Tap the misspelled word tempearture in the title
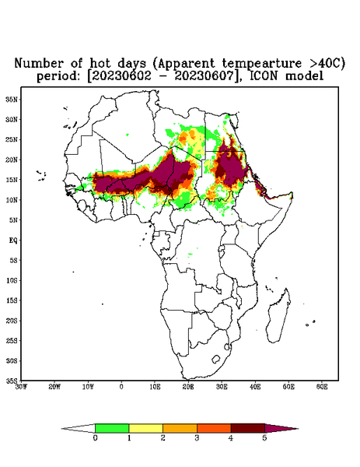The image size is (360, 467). [262, 63]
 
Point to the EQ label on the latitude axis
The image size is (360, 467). [12, 240]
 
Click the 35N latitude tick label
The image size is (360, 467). [12, 99]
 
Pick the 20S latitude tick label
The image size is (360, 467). [12, 321]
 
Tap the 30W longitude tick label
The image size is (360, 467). [21, 387]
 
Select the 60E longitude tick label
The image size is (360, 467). [322, 387]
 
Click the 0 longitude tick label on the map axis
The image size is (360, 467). [121, 387]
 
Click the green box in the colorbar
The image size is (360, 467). [112, 428]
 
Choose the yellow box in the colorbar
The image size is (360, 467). [145, 428]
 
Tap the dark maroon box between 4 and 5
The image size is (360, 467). [248, 428]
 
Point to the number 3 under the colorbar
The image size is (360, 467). [197, 438]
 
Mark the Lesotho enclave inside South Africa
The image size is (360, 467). [216, 359]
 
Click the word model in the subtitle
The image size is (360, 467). [304, 76]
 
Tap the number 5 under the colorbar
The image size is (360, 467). [264, 438]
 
